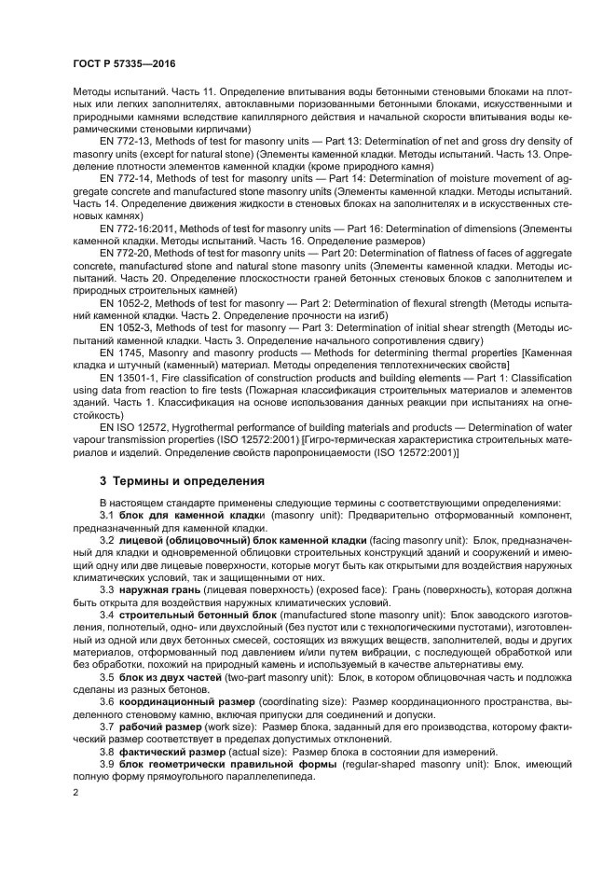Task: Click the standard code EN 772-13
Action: click(x=126, y=139)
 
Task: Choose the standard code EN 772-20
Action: click(x=126, y=253)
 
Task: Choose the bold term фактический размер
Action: click(x=170, y=751)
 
